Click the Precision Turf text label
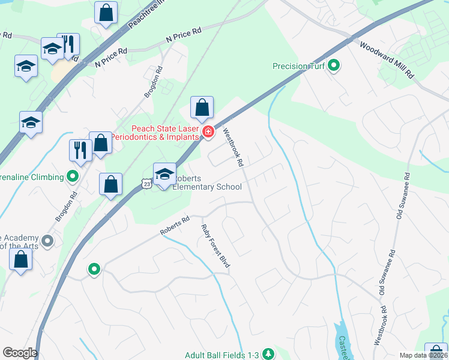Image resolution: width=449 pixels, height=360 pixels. pyautogui.click(x=299, y=66)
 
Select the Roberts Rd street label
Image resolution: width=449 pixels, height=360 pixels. pyautogui.click(x=175, y=226)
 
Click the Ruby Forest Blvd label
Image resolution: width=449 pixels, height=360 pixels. pyautogui.click(x=215, y=245)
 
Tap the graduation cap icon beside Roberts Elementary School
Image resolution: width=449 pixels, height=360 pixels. pyautogui.click(x=164, y=173)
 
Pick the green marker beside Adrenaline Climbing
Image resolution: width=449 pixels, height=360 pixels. pyautogui.click(x=73, y=177)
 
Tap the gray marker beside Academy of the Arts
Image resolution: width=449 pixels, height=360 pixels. pyautogui.click(x=49, y=241)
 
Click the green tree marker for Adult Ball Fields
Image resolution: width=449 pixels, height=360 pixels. pyautogui.click(x=268, y=354)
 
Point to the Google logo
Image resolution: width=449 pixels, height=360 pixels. pyautogui.click(x=20, y=353)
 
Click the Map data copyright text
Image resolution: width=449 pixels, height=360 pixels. pyautogui.click(x=423, y=355)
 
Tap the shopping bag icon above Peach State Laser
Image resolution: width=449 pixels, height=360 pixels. pyautogui.click(x=202, y=107)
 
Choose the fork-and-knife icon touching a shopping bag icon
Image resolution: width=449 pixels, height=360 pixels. pyautogui.click(x=80, y=149)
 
